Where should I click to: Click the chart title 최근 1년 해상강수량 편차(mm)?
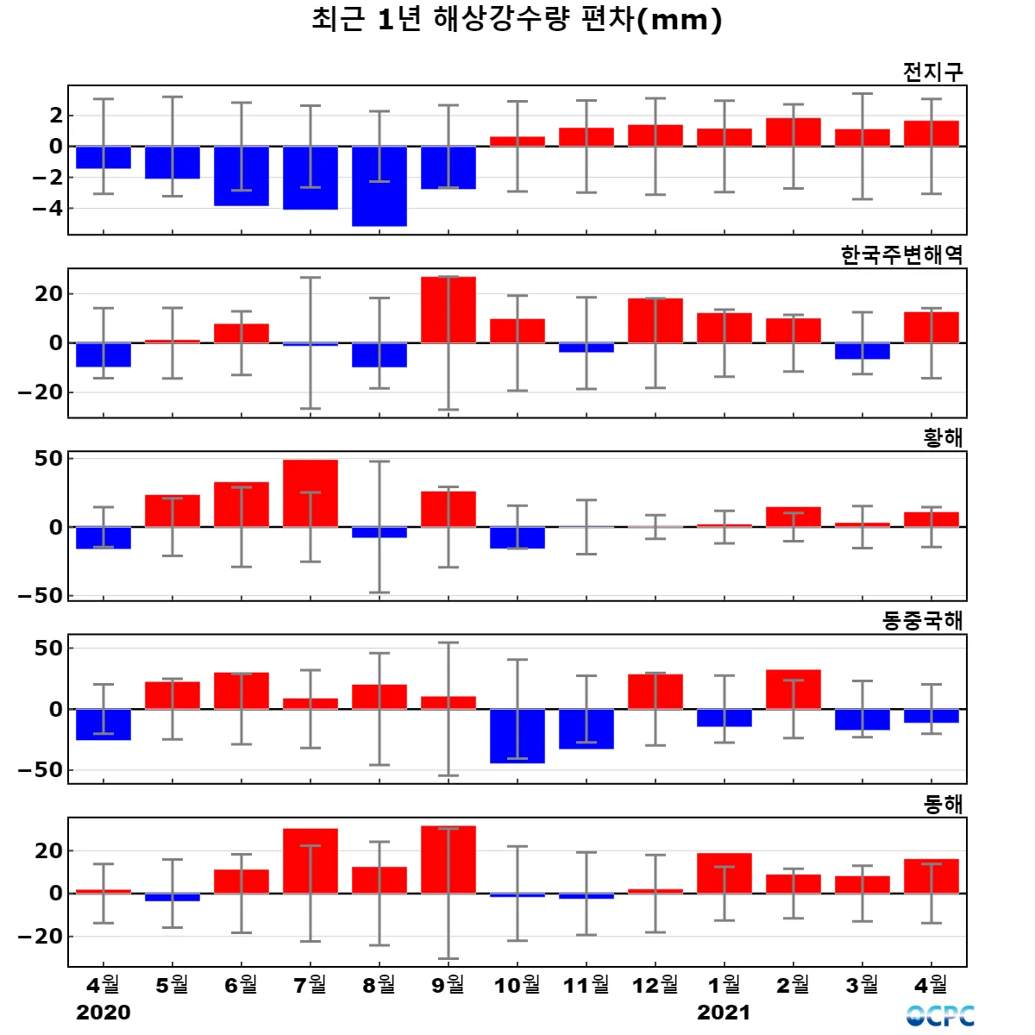[x=517, y=20]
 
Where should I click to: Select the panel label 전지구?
[x=932, y=72]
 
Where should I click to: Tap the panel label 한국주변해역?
[x=901, y=254]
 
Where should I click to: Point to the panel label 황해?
[x=943, y=437]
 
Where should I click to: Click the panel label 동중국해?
[x=922, y=620]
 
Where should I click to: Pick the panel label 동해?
[x=943, y=804]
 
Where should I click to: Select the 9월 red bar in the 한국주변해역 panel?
[x=448, y=310]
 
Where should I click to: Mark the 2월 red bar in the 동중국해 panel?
[x=793, y=689]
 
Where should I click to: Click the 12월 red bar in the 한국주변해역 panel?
[x=655, y=321]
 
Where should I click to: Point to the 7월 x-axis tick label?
[x=310, y=984]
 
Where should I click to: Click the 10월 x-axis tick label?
[x=517, y=984]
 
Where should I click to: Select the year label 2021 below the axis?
[x=724, y=1013]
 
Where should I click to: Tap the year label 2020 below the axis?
[x=103, y=1013]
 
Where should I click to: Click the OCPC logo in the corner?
[x=940, y=1016]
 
